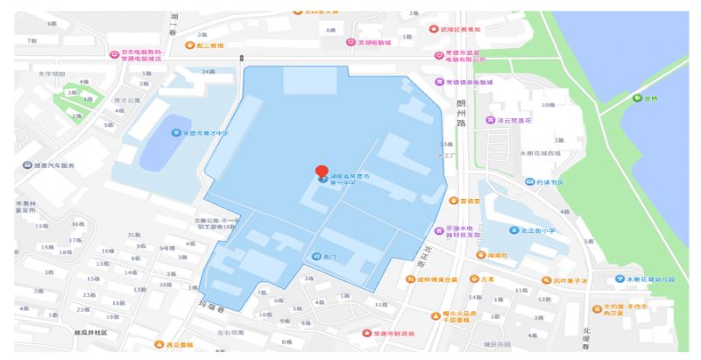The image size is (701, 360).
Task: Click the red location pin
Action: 322,172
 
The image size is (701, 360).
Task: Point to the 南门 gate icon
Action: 316,257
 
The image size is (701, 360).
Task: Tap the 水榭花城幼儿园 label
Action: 653,279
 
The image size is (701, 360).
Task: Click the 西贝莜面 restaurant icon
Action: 159,344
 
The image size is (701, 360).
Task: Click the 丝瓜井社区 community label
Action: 90,332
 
